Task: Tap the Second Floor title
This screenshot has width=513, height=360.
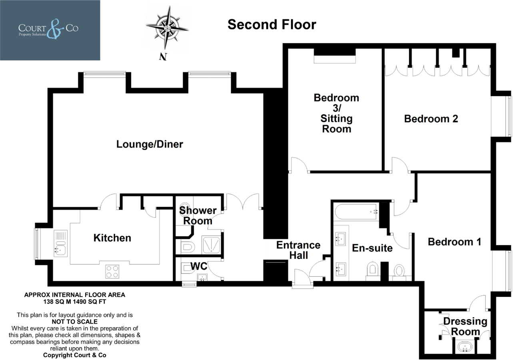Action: (x=271, y=24)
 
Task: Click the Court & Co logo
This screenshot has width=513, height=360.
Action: (x=50, y=30)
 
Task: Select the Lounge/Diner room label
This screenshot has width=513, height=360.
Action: (x=150, y=144)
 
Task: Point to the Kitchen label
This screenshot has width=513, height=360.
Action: (x=112, y=238)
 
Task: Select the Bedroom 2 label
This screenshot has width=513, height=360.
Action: (x=431, y=119)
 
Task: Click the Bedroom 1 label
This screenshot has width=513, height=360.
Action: (x=454, y=242)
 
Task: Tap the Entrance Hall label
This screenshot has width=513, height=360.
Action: (x=298, y=250)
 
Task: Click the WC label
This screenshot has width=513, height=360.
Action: (x=199, y=266)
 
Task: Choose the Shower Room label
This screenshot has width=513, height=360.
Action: (x=198, y=215)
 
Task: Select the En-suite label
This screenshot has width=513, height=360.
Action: (x=372, y=248)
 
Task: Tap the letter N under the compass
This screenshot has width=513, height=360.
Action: (x=162, y=57)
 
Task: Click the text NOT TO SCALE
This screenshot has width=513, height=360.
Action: (x=75, y=321)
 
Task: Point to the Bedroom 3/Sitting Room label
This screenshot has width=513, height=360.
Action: (x=336, y=113)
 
